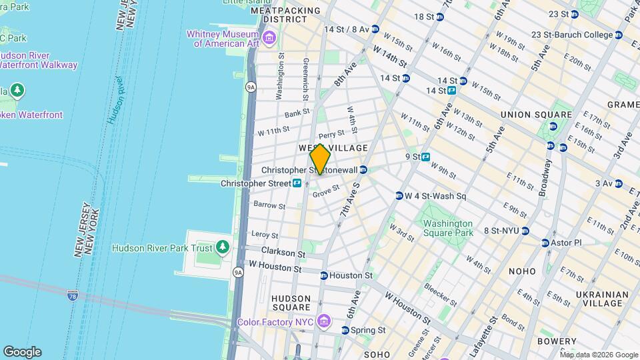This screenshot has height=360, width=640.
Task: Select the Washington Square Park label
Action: (x=448, y=228)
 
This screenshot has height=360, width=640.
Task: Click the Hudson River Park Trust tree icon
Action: (x=223, y=248)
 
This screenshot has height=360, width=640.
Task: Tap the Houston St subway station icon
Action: (x=324, y=275)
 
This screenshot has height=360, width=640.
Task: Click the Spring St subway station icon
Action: (x=346, y=330)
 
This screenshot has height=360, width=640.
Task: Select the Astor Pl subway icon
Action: (x=545, y=243)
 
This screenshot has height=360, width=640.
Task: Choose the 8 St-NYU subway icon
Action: (x=525, y=231)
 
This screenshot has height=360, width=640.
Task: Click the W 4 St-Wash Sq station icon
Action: (x=399, y=196)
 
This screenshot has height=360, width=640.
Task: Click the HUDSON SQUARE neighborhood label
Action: (x=291, y=303)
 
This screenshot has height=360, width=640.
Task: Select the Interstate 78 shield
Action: (x=72, y=294)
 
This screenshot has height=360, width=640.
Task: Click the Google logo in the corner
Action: (x=22, y=351)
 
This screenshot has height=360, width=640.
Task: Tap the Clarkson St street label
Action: (x=283, y=254)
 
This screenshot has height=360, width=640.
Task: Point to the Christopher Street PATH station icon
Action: (x=297, y=183)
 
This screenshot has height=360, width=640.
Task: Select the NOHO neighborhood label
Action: (x=522, y=271)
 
